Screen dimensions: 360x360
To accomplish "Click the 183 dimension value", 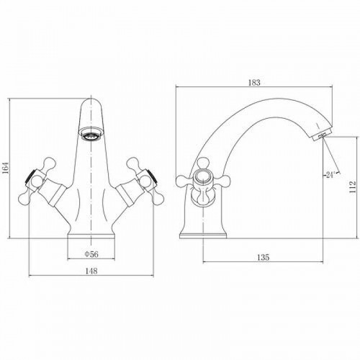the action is [254, 83].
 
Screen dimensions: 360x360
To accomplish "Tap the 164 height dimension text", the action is [5, 167].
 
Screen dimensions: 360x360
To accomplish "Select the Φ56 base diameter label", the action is [91, 254].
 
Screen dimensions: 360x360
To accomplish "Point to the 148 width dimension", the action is [91, 271].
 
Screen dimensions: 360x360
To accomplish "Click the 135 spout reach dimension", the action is [264, 257].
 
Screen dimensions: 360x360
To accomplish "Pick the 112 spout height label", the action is [352, 187].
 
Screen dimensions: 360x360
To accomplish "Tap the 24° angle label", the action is [330, 175].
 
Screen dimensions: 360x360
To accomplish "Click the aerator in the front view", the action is [91, 134].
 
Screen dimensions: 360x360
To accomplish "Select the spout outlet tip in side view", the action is [322, 135].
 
